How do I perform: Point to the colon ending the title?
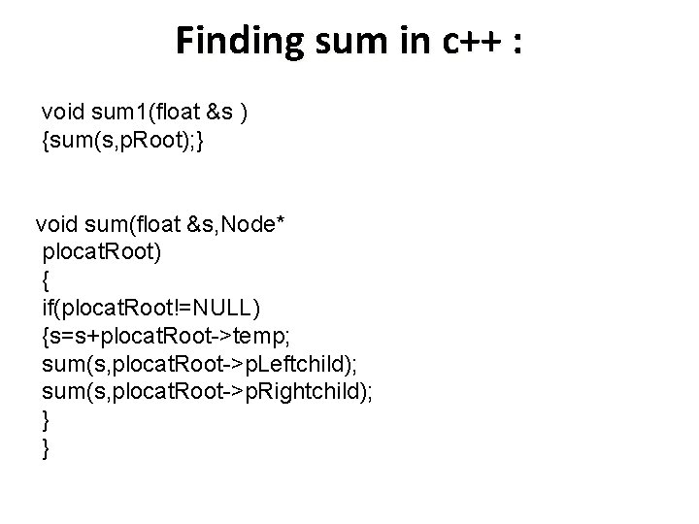pyautogui.click(x=515, y=43)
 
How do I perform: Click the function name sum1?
pyautogui.click(x=119, y=113)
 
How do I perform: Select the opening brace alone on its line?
pyautogui.click(x=46, y=280)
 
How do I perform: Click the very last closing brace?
pyautogui.click(x=46, y=447)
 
